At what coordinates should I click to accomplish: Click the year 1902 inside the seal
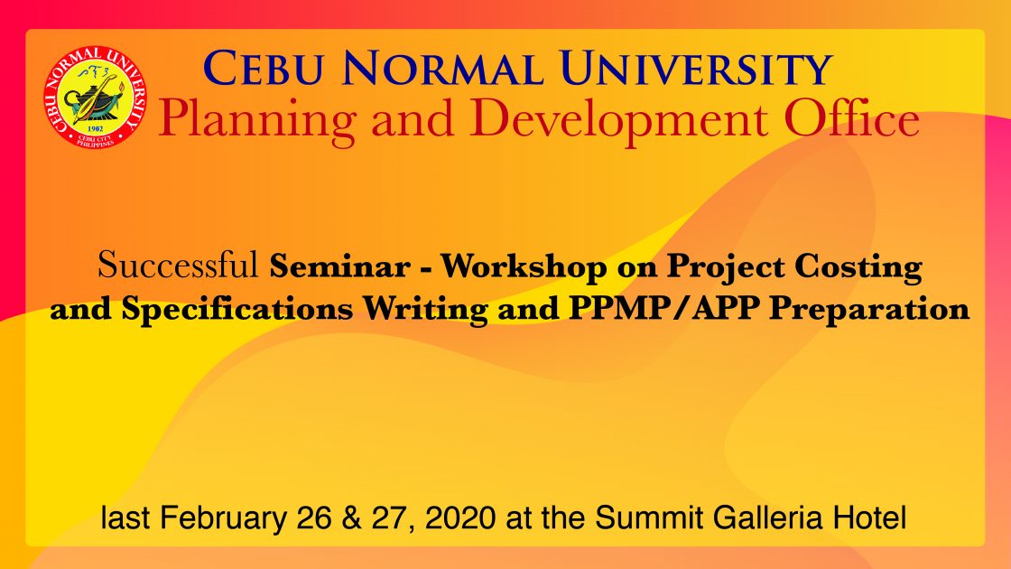(x=95, y=129)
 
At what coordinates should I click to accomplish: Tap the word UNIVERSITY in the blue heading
(x=696, y=69)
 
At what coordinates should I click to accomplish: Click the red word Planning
(x=257, y=122)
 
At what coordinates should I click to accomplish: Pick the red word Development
(x=619, y=122)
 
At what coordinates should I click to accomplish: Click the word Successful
(x=177, y=266)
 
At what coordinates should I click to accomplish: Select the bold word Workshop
(x=523, y=266)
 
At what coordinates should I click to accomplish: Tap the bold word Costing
(x=858, y=267)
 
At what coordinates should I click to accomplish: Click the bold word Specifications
(x=237, y=309)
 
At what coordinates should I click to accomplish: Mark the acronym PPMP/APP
(x=663, y=308)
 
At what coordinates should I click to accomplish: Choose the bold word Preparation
(x=870, y=309)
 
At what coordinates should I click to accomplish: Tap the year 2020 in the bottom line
(x=460, y=518)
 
